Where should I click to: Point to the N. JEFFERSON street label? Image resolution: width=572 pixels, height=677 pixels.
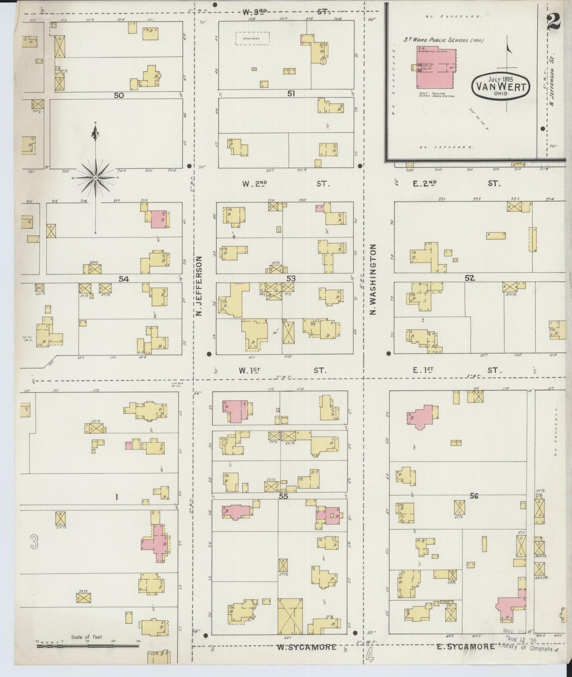[x=199, y=286]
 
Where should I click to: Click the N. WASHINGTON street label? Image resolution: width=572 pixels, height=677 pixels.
[x=373, y=279]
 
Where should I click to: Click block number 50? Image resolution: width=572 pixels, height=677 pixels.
[x=119, y=95]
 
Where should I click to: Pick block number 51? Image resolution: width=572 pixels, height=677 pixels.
[x=291, y=94]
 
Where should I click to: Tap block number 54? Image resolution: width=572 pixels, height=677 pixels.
[x=124, y=279]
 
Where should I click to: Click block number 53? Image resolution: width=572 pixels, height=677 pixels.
[x=291, y=279]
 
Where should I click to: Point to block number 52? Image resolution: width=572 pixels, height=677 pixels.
[x=469, y=278]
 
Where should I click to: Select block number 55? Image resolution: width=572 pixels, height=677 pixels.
[x=283, y=496]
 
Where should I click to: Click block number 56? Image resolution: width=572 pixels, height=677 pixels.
[x=474, y=496]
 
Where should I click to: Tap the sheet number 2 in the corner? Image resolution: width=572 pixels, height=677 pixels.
[x=553, y=22]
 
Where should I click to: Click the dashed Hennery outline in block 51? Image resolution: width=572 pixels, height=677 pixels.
[x=253, y=38]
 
